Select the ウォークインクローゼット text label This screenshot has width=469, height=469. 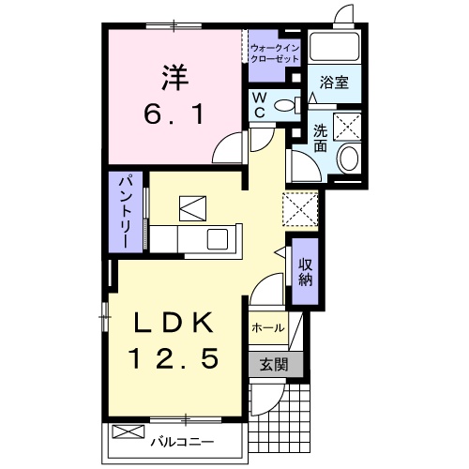coord(274,53)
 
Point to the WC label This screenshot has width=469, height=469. coord(259,103)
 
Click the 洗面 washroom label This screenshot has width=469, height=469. coord(321,138)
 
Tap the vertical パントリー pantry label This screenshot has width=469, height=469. coord(123,211)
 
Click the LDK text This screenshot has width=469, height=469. coord(175,323)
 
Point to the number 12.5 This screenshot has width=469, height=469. coord(175,357)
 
